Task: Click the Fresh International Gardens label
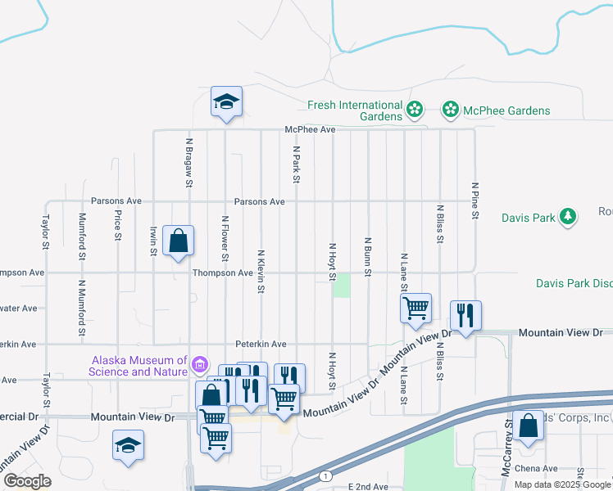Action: [x=355, y=110]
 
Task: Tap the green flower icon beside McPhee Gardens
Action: [x=450, y=110]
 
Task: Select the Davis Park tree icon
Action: [x=567, y=217]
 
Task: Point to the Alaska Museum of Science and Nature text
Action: [x=140, y=366]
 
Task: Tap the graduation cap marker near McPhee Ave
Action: [x=226, y=102]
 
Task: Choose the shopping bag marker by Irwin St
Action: [x=178, y=241]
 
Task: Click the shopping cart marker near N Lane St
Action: [x=416, y=309]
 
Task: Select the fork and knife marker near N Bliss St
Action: [x=465, y=315]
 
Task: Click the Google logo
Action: [x=27, y=481]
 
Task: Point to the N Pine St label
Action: [x=475, y=200]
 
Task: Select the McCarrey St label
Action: [x=508, y=458]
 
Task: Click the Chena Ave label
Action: [x=538, y=469]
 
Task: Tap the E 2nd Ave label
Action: [x=368, y=486]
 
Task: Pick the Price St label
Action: [x=119, y=225]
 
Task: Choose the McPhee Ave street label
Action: [x=311, y=129]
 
